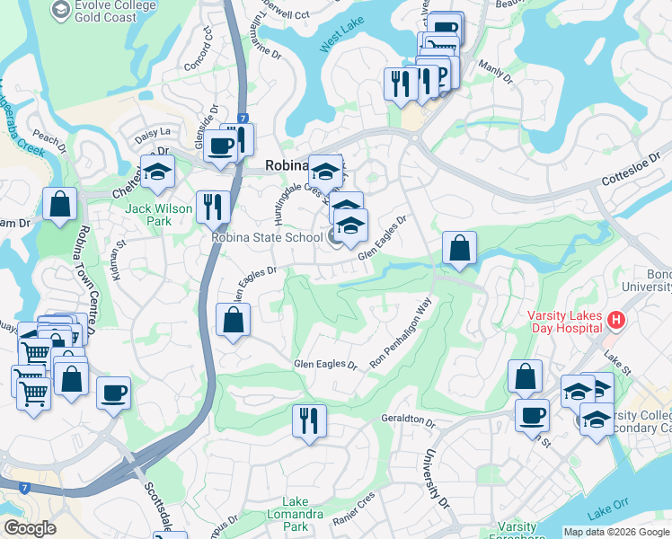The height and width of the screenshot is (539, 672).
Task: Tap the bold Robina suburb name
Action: pyautogui.click(x=287, y=165)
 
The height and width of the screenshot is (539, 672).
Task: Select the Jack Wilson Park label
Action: pyautogui.click(x=159, y=215)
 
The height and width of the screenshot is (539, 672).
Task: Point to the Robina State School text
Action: pyautogui.click(x=266, y=238)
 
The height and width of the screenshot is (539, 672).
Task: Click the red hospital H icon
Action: pyautogui.click(x=615, y=319)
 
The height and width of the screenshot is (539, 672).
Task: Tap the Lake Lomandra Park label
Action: pyautogui.click(x=307, y=513)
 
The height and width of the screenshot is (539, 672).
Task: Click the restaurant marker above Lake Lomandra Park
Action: pyautogui.click(x=309, y=420)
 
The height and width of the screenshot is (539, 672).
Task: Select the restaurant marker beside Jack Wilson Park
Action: pyautogui.click(x=213, y=207)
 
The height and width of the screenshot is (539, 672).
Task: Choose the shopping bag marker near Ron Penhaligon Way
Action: pyautogui.click(x=459, y=248)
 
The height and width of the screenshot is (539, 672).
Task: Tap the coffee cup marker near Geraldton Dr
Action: pyautogui.click(x=532, y=415)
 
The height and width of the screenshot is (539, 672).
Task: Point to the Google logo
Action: pyautogui.click(x=30, y=528)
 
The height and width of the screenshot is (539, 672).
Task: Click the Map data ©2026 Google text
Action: pyautogui.click(x=615, y=532)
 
